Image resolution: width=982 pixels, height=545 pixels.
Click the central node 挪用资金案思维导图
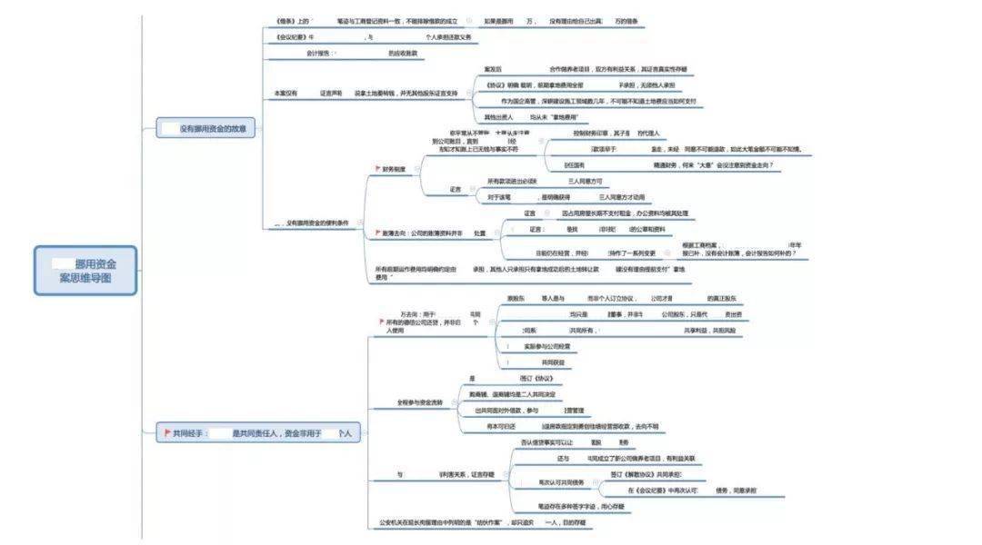coord(85,271)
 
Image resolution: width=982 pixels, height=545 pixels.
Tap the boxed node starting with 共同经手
coord(259,434)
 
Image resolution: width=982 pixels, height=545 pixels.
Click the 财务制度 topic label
coord(395,169)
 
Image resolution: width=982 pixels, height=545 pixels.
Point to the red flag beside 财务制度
coord(377,169)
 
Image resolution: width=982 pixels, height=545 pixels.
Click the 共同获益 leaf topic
coord(553,362)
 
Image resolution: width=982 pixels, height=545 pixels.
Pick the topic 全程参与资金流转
coord(419,401)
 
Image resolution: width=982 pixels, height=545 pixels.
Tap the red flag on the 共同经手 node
coord(167,434)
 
